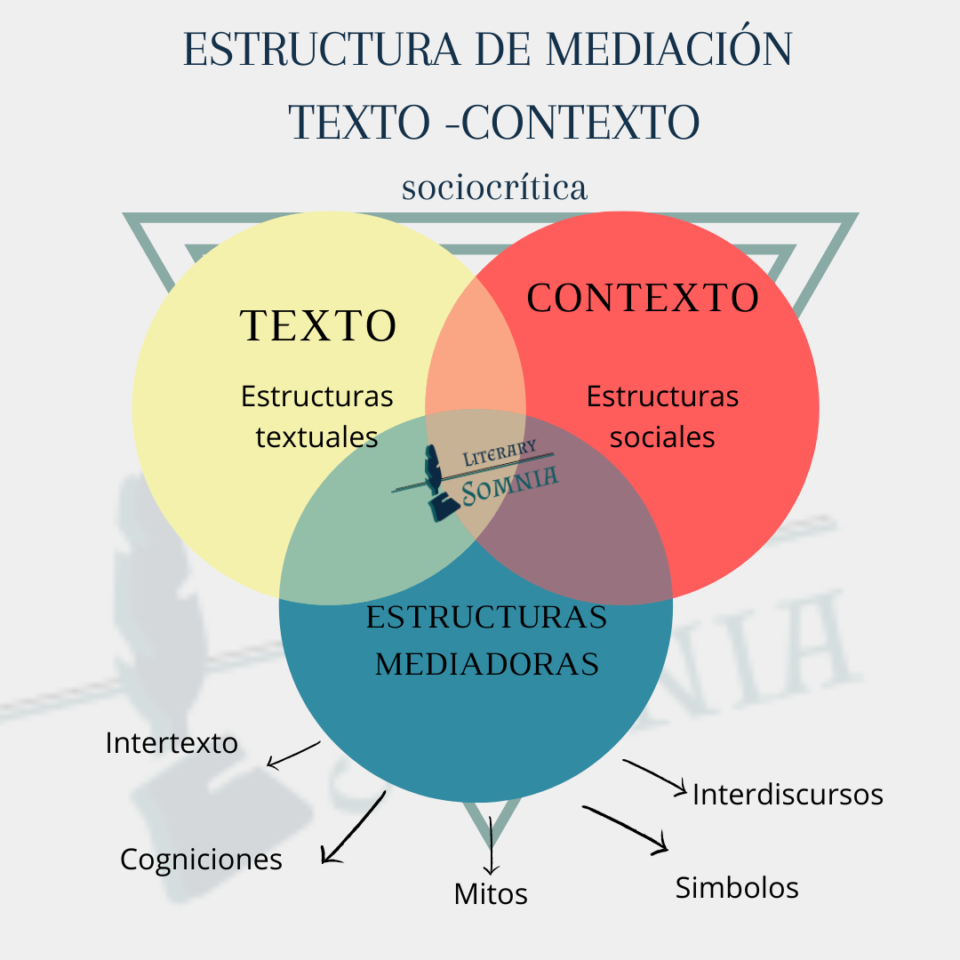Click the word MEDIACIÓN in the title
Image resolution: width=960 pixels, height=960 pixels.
pyautogui.click(x=668, y=51)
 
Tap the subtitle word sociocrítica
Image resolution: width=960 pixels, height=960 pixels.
pyautogui.click(x=494, y=188)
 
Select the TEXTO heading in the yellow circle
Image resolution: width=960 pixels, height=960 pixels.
pyautogui.click(x=318, y=326)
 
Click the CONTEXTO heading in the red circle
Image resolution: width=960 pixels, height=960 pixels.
pyautogui.click(x=643, y=299)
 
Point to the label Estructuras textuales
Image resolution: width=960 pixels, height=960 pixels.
pyautogui.click(x=317, y=416)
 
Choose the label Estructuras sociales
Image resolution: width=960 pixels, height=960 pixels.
pyautogui.click(x=662, y=416)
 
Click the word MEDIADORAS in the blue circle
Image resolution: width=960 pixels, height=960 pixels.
pyautogui.click(x=486, y=664)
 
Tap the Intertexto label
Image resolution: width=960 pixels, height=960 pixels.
pyautogui.click(x=172, y=742)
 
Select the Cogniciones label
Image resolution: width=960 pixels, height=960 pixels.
pyautogui.click(x=201, y=859)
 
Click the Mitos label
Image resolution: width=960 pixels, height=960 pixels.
pyautogui.click(x=491, y=893)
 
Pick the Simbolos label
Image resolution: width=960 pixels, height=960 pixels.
pyautogui.click(x=737, y=887)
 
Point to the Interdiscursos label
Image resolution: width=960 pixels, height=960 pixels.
pyautogui.click(x=788, y=794)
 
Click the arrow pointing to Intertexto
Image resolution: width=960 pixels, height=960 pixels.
pyautogui.click(x=293, y=755)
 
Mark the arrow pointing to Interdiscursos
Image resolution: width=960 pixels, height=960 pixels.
pyautogui.click(x=655, y=775)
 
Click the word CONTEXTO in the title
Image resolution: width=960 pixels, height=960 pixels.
pyautogui.click(x=582, y=123)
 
